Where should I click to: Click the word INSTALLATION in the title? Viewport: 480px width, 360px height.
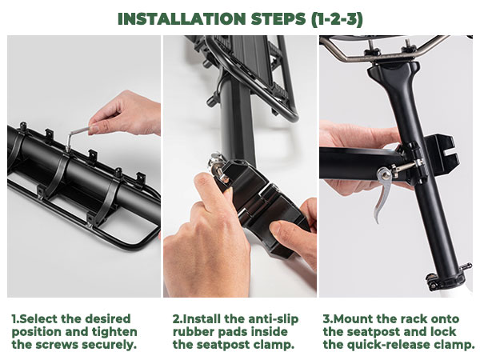click(x=182, y=19)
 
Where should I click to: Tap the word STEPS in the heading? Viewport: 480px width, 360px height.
click(x=278, y=19)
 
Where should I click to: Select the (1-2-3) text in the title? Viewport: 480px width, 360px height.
click(x=337, y=19)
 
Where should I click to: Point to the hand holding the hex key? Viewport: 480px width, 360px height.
click(x=126, y=114)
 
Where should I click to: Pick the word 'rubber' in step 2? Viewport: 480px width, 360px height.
click(x=195, y=332)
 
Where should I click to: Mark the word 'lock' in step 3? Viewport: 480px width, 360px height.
click(x=444, y=332)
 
